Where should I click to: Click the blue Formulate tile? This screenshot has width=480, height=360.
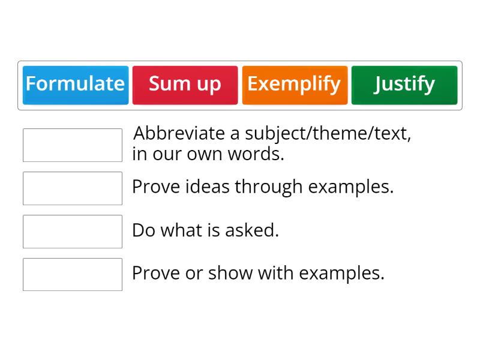(76, 85)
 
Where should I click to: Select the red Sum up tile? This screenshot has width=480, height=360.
(185, 85)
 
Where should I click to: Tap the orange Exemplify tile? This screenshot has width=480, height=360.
(295, 85)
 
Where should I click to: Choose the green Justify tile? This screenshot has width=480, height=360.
(404, 85)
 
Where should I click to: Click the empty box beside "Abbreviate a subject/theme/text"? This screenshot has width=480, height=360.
(73, 145)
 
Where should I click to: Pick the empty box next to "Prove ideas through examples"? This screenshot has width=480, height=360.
(73, 188)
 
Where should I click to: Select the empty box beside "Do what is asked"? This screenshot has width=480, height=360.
(73, 232)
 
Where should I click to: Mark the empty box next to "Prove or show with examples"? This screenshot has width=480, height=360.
(73, 275)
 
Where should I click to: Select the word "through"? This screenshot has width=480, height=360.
(269, 187)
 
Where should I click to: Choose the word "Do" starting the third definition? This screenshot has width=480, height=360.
(143, 230)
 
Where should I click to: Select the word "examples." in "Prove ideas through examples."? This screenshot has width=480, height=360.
(351, 187)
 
